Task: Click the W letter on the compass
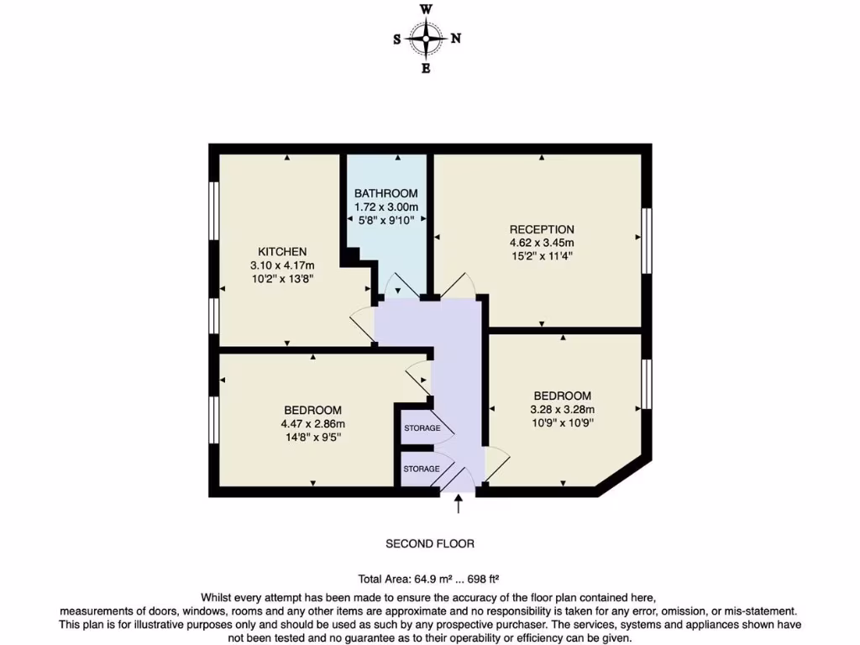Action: coord(427,9)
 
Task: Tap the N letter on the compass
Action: coord(456,38)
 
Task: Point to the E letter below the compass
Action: coord(427,69)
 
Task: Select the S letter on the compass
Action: coord(397,39)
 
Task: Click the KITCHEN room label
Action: coord(281,251)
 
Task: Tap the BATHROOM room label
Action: coord(385,193)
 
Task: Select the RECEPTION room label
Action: coord(542,229)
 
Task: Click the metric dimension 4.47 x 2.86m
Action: coord(312,423)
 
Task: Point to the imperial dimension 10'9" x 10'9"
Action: coord(562,423)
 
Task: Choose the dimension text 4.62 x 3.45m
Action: coord(542,243)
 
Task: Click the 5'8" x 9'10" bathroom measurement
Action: coord(385,220)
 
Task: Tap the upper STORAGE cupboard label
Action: coord(422,428)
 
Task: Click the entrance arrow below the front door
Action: coord(459,504)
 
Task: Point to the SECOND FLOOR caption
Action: coord(430,543)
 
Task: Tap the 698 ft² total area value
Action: coord(484,579)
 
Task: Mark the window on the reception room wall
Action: coord(647,240)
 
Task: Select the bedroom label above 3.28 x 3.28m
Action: coord(562,396)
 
